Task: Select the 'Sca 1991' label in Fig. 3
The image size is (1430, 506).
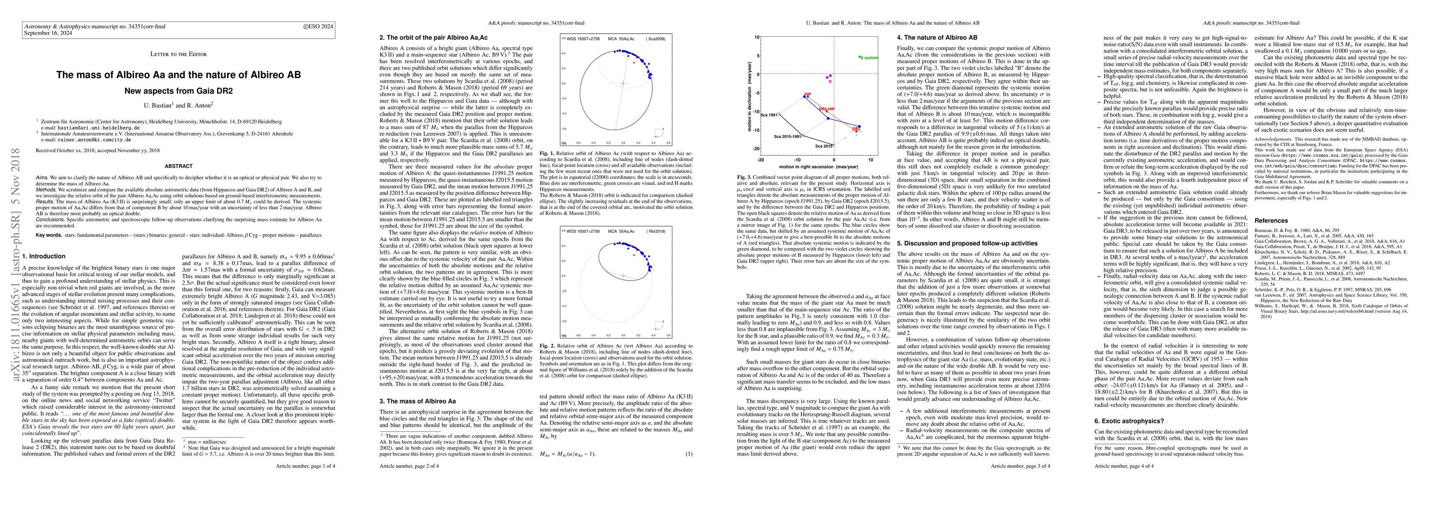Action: pyautogui.click(x=769, y=115)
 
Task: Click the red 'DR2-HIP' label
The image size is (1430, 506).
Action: pyautogui.click(x=827, y=109)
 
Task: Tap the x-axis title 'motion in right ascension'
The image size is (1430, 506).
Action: pyautogui.click(x=815, y=167)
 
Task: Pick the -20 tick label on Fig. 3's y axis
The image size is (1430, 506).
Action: pyautogui.click(x=755, y=149)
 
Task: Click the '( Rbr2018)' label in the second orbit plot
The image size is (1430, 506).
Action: pyautogui.click(x=655, y=231)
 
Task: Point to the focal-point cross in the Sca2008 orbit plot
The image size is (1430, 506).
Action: pyautogui.click(x=624, y=84)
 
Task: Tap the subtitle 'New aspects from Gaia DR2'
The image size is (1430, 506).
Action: pyautogui.click(x=178, y=91)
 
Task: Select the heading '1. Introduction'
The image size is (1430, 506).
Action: pyautogui.click(x=44, y=256)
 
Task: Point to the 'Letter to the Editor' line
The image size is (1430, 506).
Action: pyautogui.click(x=178, y=54)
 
